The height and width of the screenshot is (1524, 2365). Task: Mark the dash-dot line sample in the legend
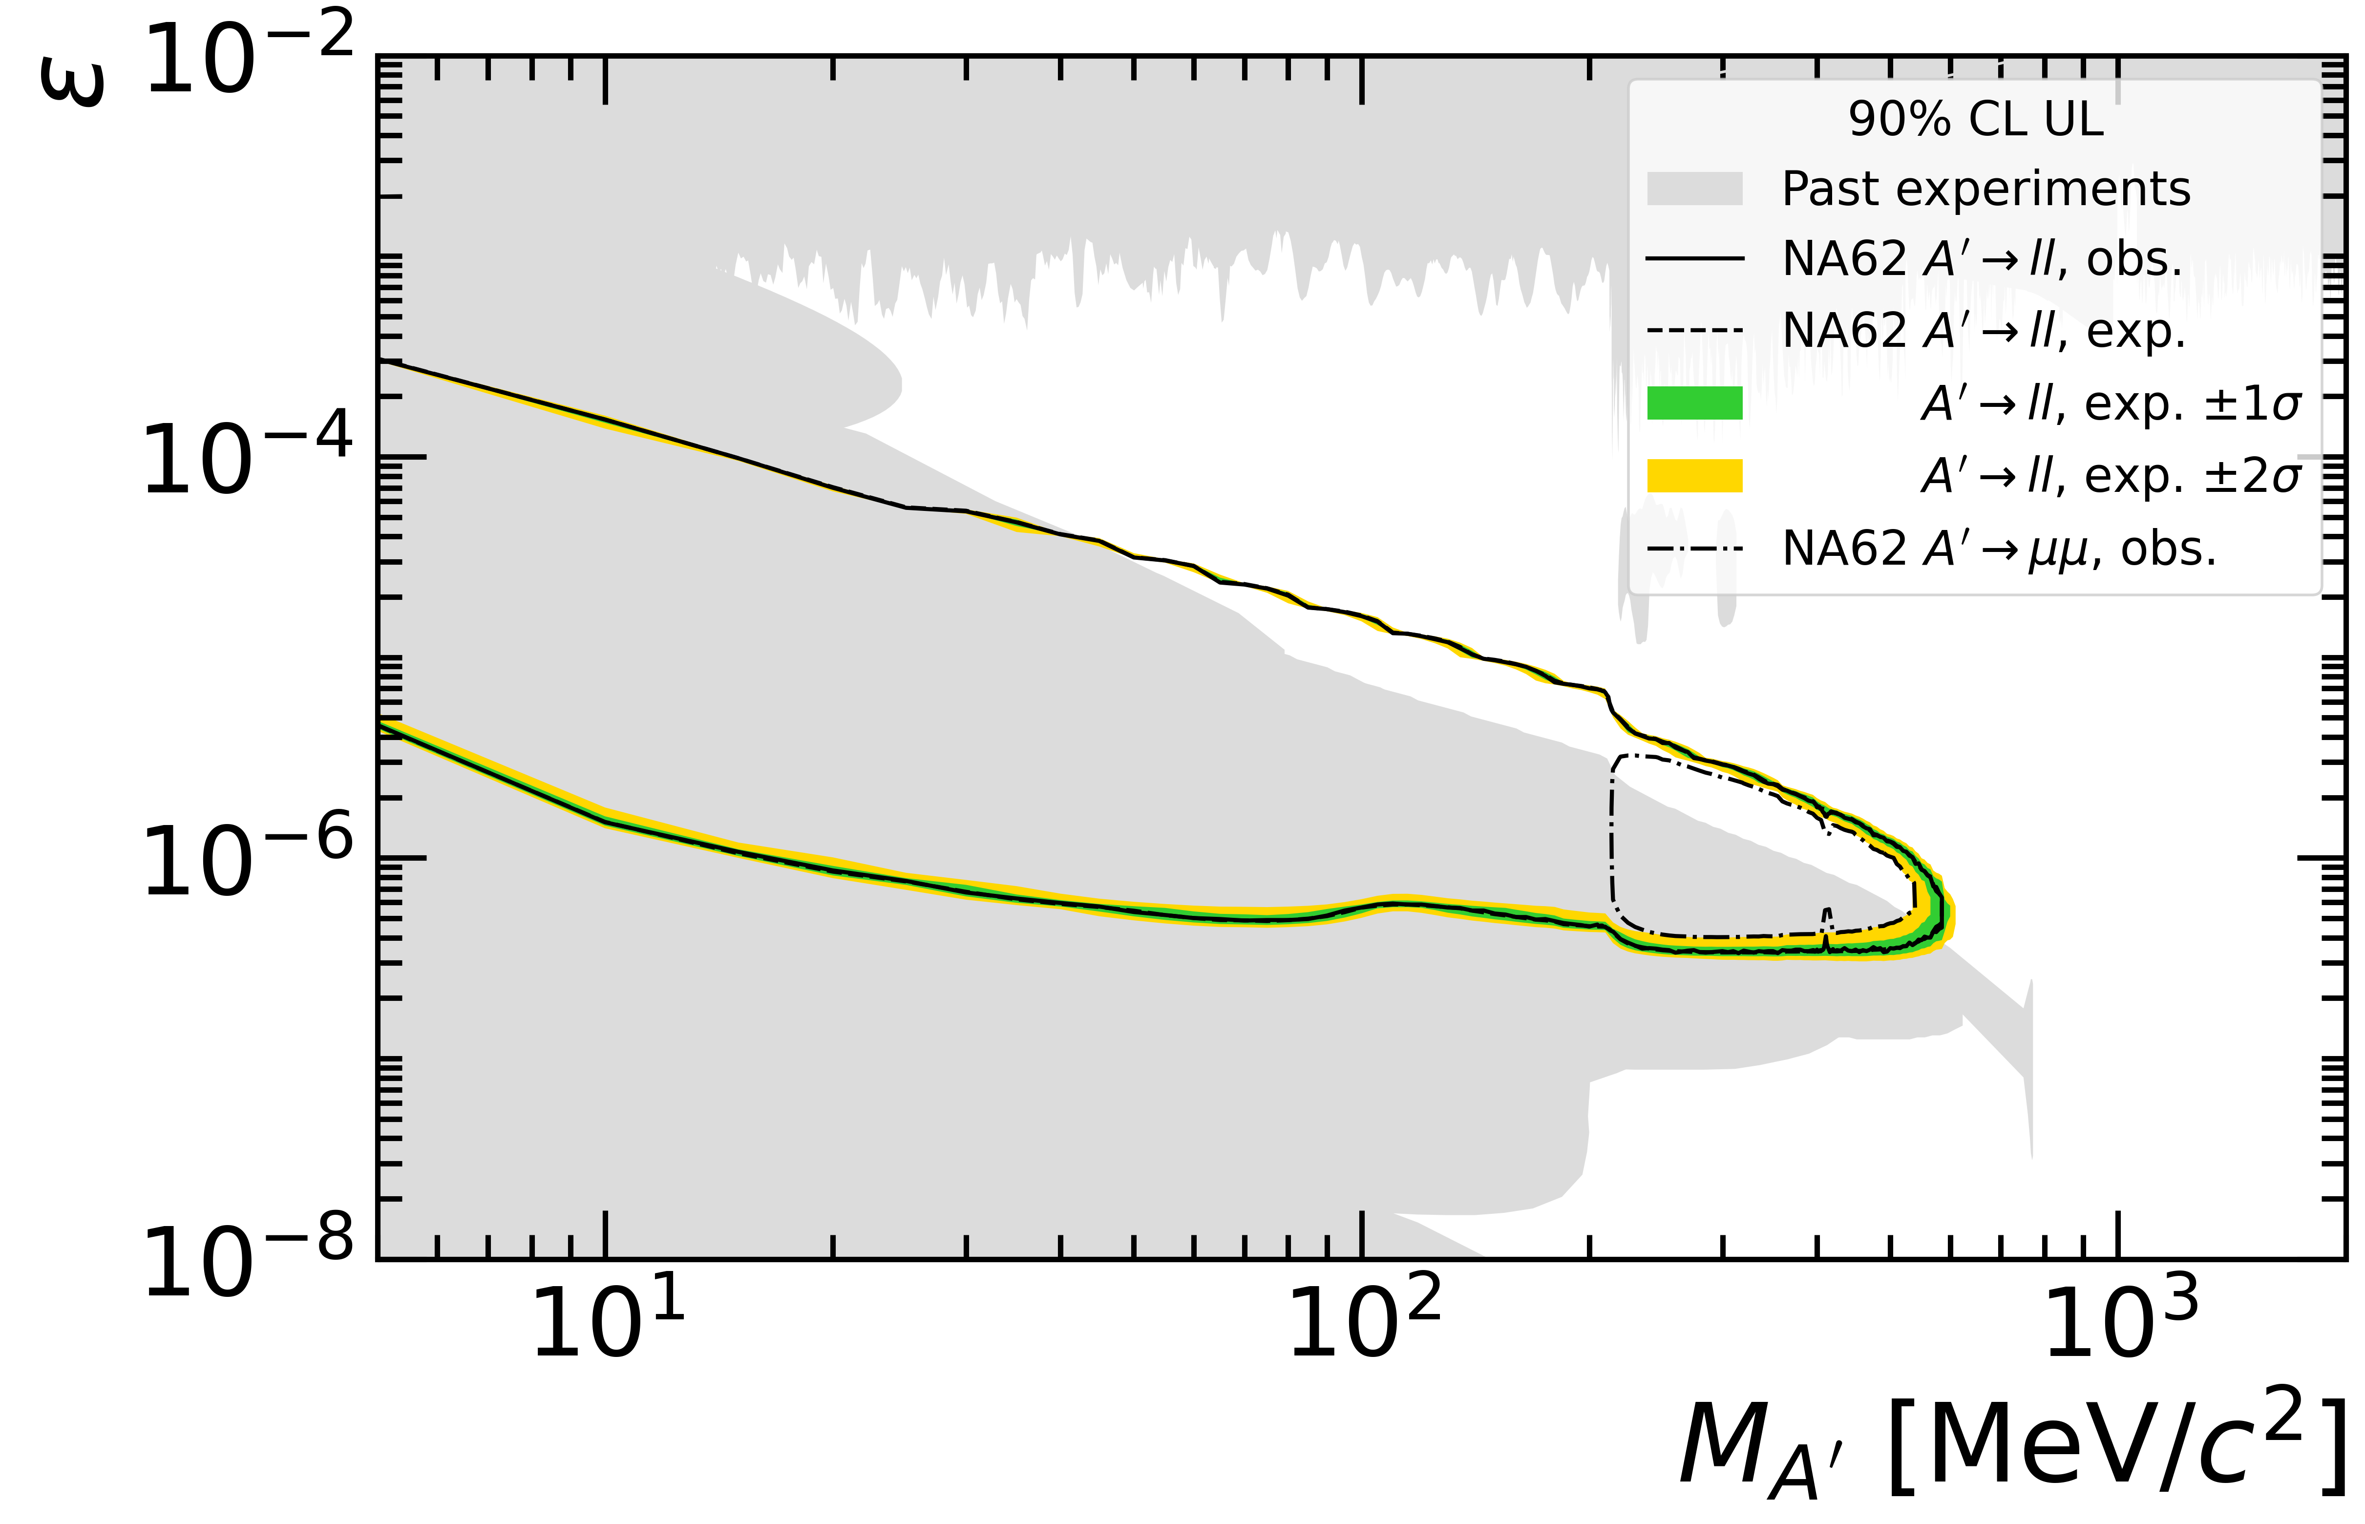(1694, 549)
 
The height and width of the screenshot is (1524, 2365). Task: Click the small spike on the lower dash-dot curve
(1827, 917)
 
